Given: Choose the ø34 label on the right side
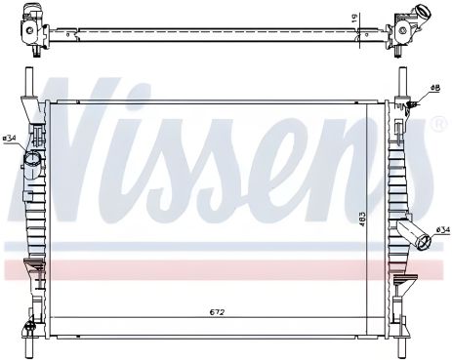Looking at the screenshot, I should [441, 230].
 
